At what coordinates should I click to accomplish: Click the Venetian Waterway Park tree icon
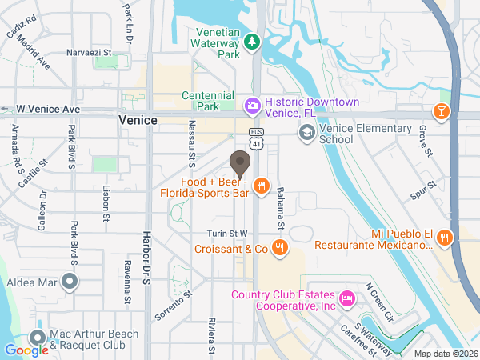coord(253,41)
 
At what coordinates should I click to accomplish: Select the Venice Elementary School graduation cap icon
coord(306,133)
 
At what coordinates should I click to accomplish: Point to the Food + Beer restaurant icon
coord(261,186)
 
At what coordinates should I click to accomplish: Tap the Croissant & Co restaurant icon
coord(279,249)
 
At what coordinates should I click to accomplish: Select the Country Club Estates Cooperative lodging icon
coord(347,298)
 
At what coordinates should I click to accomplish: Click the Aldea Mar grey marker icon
coord(70,281)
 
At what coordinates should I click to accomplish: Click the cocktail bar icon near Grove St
coord(441,110)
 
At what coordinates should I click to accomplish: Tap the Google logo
coord(26,350)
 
